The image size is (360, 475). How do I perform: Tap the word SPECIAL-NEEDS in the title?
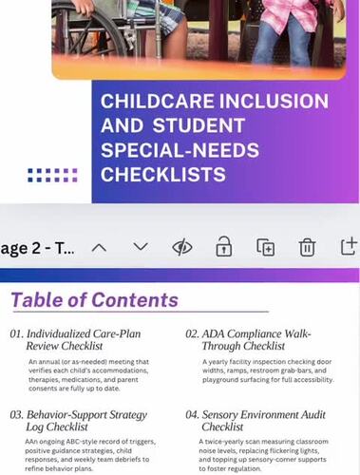pyautogui.click(x=167, y=151)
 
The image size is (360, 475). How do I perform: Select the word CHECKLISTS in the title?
pyautogui.click(x=163, y=175)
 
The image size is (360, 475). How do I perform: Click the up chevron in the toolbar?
pyautogui.click(x=99, y=247)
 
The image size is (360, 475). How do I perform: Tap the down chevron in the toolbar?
pyautogui.click(x=141, y=247)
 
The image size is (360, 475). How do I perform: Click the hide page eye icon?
pyautogui.click(x=182, y=247)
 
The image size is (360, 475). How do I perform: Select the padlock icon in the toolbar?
pyautogui.click(x=223, y=247)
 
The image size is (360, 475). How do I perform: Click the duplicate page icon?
pyautogui.click(x=266, y=247)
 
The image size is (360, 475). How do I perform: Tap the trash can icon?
pyautogui.click(x=307, y=247)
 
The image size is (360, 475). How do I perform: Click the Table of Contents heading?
pyautogui.click(x=95, y=301)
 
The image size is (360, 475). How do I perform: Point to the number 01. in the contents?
pyautogui.click(x=16, y=334)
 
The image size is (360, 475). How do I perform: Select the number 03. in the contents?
pyautogui.click(x=16, y=415)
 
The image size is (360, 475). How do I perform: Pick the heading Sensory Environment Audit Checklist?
pyautogui.click(x=261, y=422)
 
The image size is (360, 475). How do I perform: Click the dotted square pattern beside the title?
pyautogui.click(x=53, y=175)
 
